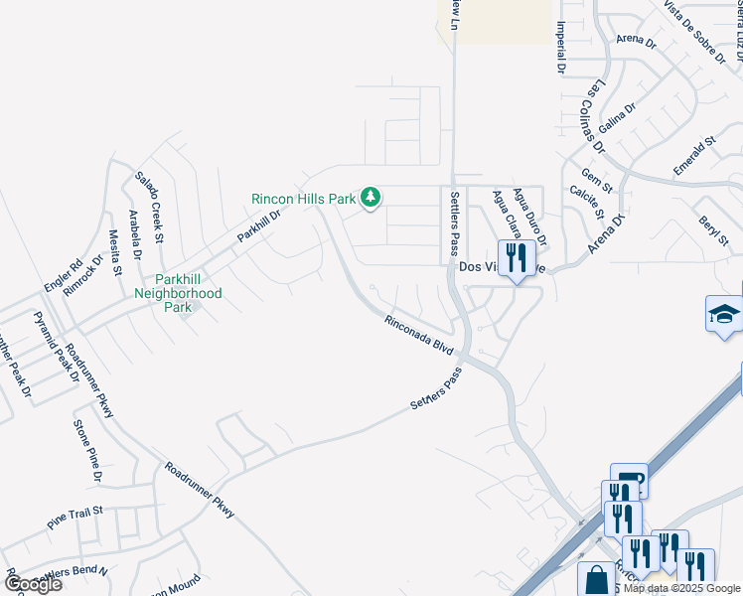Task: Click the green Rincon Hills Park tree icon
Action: (x=371, y=199)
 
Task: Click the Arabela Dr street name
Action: (x=133, y=233)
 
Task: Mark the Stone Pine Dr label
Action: (x=87, y=451)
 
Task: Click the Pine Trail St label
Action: (x=74, y=518)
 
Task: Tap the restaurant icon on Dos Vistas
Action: (x=515, y=259)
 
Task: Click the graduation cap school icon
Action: (x=724, y=315)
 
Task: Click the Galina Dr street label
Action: (x=617, y=122)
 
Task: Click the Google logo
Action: (x=33, y=584)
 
